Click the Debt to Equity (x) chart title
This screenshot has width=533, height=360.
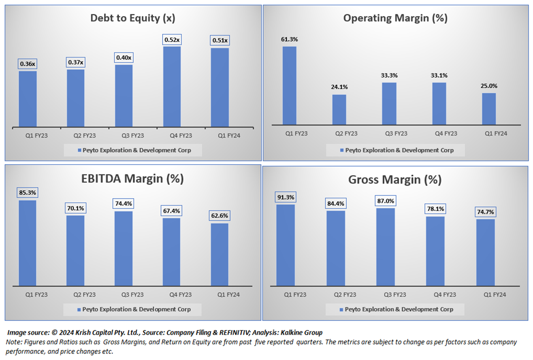point(133,18)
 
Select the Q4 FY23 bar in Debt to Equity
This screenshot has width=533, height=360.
point(172,86)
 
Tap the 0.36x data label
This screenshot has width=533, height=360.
point(28,64)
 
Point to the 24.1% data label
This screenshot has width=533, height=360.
point(339,87)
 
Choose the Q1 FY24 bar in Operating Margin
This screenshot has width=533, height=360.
point(488,109)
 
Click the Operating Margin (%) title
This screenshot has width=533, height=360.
point(395,18)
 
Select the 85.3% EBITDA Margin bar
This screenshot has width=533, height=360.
point(28,243)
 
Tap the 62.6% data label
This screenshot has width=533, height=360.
point(220,216)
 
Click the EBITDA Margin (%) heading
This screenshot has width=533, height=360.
point(133,179)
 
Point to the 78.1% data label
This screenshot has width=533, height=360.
point(435,209)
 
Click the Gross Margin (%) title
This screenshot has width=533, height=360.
point(395,180)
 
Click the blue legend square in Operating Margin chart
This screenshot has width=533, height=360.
point(342,150)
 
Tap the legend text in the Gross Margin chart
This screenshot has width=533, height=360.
point(399,309)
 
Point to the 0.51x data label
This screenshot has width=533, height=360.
point(219,41)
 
